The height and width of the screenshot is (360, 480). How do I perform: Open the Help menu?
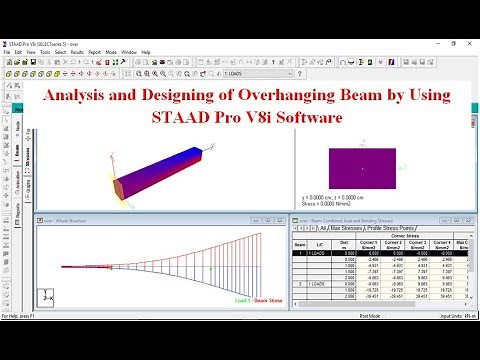146,52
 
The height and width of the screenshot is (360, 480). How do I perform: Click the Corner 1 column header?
368,244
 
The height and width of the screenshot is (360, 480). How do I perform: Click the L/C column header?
317,243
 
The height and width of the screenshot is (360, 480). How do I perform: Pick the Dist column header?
345,243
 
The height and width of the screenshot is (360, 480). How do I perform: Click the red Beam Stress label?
267,299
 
